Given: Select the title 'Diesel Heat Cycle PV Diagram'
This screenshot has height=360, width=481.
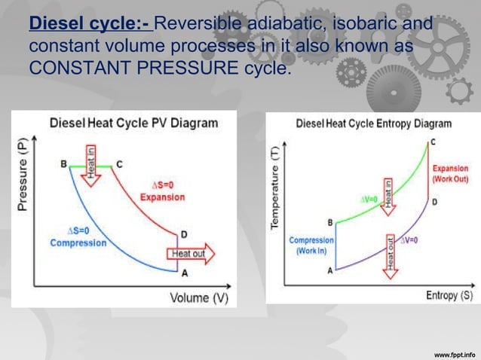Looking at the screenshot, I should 134,123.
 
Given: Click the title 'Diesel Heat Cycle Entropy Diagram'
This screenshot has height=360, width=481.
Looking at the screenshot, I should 373,123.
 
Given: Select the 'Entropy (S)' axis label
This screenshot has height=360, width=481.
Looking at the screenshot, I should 448,295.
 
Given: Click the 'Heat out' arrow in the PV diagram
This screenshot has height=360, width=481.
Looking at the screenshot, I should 191,254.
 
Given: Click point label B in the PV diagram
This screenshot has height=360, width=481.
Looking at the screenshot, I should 63,163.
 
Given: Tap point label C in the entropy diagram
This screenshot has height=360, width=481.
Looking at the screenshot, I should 432,142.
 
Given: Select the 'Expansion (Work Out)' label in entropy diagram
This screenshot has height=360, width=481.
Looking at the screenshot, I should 450,174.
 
